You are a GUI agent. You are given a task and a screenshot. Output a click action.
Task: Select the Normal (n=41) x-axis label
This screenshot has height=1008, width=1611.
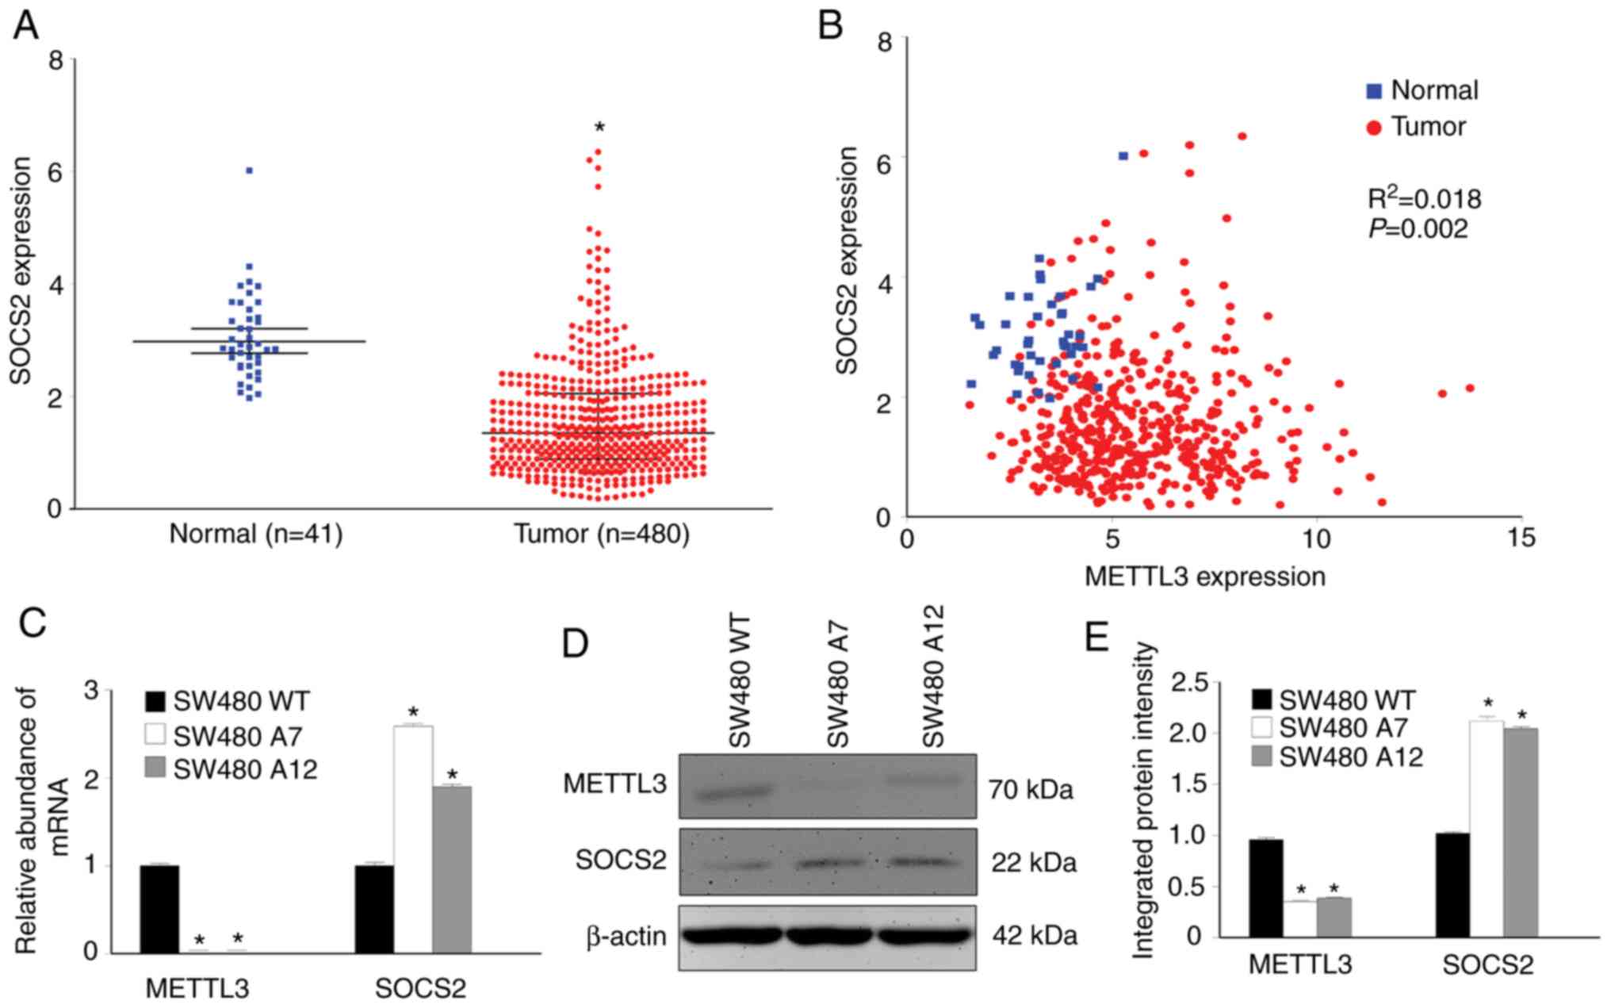click(256, 534)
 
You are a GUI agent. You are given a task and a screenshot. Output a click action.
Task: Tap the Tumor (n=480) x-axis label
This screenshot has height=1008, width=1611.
click(602, 534)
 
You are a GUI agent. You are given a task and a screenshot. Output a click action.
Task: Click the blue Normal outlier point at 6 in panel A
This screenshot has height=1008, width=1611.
click(249, 171)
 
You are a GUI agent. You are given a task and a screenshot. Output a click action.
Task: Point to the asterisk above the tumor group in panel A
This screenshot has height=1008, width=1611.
click(600, 128)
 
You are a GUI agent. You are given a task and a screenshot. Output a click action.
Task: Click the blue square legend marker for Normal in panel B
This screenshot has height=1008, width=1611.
click(1374, 92)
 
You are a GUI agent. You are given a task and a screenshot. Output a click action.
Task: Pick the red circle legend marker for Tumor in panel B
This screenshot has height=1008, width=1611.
click(1374, 128)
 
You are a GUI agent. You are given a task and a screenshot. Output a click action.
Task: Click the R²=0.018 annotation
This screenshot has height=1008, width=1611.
click(1425, 198)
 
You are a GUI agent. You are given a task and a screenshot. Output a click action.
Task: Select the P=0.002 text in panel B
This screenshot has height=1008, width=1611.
click(1418, 229)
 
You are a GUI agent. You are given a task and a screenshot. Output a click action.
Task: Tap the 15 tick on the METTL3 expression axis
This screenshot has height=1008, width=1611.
click(1520, 539)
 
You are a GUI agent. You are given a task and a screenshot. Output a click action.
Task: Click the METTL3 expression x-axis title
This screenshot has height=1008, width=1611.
click(1204, 577)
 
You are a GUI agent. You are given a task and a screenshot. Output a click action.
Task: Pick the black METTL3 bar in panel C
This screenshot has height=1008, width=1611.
click(159, 909)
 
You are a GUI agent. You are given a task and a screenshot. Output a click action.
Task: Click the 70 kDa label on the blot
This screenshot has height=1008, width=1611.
click(1031, 790)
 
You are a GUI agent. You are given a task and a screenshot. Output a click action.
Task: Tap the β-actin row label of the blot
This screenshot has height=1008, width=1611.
click(626, 937)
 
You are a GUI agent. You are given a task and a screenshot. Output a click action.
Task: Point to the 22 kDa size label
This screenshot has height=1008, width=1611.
click(1034, 862)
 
